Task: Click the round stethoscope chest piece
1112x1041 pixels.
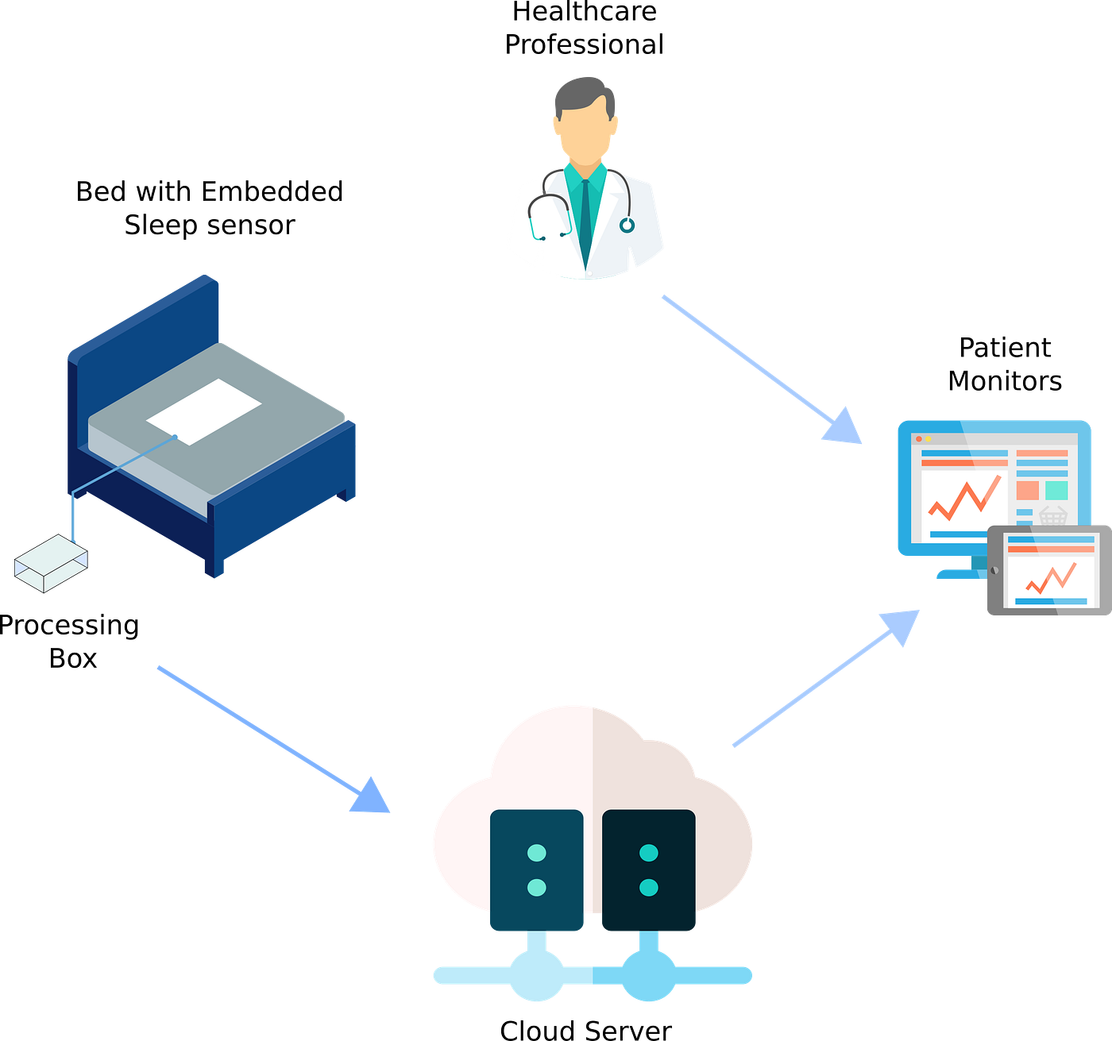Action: point(627,226)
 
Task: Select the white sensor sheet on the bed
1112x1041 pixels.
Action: point(204,410)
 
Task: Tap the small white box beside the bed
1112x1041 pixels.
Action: point(51,562)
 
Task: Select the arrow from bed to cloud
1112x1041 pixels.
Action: point(273,739)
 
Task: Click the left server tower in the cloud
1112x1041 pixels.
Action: point(537,870)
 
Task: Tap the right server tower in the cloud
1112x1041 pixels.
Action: point(648,870)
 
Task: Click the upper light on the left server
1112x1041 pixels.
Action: point(537,854)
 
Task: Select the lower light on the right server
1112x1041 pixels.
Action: point(648,887)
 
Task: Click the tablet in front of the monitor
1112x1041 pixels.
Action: point(1049,569)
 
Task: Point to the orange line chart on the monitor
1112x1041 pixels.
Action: point(963,500)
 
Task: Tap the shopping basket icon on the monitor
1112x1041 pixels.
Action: point(1052,516)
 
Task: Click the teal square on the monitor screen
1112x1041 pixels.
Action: point(1056,490)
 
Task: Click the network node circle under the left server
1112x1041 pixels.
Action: point(537,976)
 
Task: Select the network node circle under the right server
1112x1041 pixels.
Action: point(648,976)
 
